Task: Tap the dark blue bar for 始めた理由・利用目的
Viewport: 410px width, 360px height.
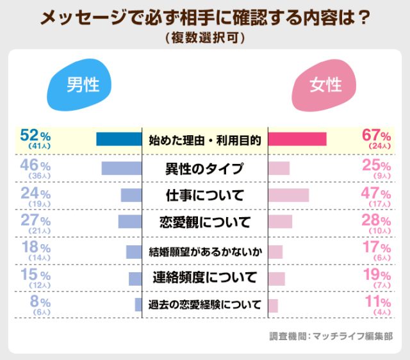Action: coord(119,140)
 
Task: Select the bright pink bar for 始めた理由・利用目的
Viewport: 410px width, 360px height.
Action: coord(297,140)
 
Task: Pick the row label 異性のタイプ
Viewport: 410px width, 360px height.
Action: coord(204,169)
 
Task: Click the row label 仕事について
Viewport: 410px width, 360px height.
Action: coord(204,195)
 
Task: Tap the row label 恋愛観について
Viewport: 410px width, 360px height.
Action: coord(204,222)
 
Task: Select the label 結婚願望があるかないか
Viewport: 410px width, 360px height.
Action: coord(204,250)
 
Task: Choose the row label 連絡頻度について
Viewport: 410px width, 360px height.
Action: coord(204,277)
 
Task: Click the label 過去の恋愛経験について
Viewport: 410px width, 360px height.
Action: coord(204,304)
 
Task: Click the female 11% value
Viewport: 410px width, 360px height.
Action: coord(377,302)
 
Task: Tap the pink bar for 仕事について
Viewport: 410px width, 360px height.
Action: coord(288,195)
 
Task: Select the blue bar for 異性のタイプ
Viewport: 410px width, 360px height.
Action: coord(121,168)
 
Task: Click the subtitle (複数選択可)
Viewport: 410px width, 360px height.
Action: coord(204,38)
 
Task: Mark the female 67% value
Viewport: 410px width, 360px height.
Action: coord(376,135)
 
